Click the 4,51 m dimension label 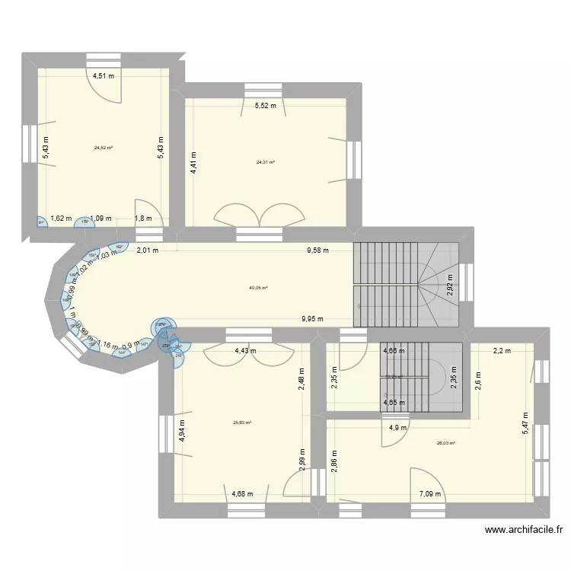tap(104, 75)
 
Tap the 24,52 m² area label tap(104, 148)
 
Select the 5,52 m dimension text tap(266, 106)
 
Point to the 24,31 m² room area tap(266, 162)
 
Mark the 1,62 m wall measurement tap(61, 219)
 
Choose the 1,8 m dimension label tap(142, 219)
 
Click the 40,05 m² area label tap(258, 288)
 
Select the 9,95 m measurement tap(312, 320)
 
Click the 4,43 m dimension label tap(244, 351)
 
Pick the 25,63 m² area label tap(242, 423)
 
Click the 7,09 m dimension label tap(429, 494)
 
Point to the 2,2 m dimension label tap(502, 351)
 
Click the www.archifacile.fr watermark tap(525, 531)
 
